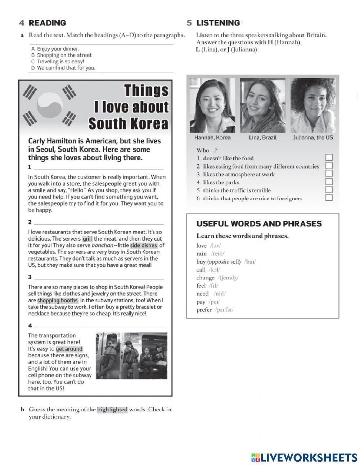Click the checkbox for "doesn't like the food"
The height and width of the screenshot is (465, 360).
(329, 158)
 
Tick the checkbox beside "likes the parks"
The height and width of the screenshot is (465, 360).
(329, 182)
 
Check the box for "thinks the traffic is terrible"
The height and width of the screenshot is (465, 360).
(329, 190)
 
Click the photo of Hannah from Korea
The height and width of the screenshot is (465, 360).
(212, 106)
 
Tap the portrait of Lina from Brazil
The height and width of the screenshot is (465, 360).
(262, 106)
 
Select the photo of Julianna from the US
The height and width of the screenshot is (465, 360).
(313, 106)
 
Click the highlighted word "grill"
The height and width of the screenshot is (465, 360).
(87, 239)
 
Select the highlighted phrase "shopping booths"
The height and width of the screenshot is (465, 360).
(58, 300)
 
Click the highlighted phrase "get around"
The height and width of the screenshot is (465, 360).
(69, 349)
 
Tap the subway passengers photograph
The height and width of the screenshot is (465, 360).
(132, 356)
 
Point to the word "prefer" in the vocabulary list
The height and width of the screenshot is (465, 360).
(204, 310)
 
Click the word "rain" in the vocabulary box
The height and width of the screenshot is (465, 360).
(202, 254)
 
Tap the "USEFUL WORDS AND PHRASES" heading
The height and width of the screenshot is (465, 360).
(259, 224)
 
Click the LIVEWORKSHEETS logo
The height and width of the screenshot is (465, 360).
(304, 457)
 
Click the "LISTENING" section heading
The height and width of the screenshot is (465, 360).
(218, 23)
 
